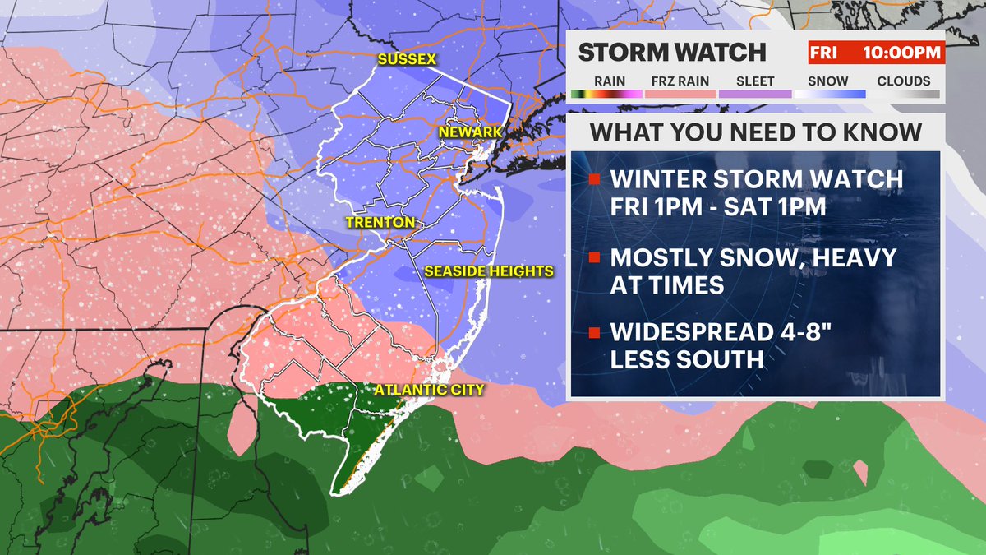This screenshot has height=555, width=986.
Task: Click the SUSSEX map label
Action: [407, 59]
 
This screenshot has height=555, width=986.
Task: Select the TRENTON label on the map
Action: [380, 223]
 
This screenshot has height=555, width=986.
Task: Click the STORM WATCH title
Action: [672, 53]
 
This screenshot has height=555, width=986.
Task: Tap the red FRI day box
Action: [822, 53]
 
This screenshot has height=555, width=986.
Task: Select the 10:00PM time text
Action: [900, 53]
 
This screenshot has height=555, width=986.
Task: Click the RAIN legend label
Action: [609, 81]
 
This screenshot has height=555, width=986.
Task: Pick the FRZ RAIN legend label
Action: [679, 81]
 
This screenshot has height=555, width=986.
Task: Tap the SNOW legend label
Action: [827, 81]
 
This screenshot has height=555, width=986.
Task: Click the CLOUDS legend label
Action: [903, 81]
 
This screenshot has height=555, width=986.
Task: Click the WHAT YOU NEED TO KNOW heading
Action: [756, 132]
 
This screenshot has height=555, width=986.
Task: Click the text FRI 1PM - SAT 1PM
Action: [718, 206]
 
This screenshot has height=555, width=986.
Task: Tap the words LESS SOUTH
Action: [687, 361]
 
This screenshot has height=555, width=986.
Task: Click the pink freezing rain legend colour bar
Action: [680, 94]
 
